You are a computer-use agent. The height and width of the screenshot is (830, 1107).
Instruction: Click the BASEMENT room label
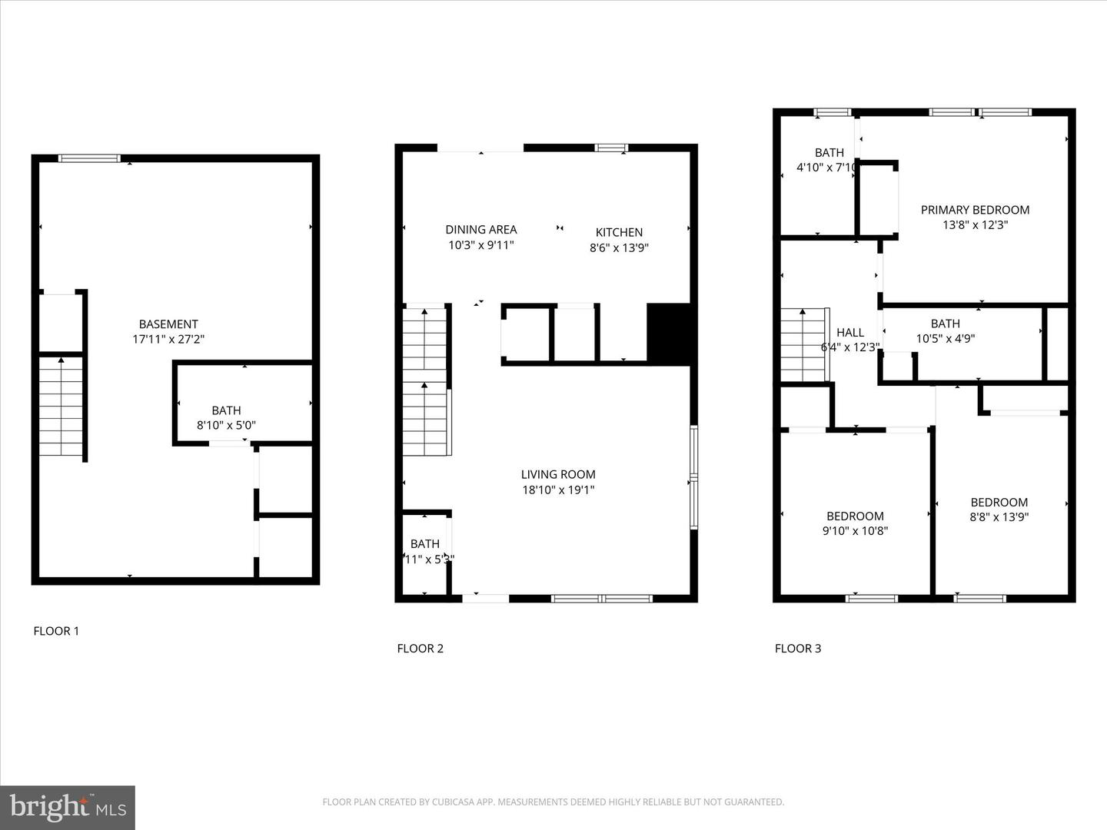[x=168, y=324]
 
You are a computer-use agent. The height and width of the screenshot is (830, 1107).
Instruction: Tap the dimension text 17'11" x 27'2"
[x=168, y=339]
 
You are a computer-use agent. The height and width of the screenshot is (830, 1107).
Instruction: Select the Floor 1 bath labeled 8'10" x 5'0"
[x=226, y=417]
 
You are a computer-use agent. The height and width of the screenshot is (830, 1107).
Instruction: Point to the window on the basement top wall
[x=89, y=158]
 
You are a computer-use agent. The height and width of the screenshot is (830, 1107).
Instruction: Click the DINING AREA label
[x=481, y=229]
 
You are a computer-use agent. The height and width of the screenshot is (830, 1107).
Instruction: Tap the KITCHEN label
[x=619, y=232]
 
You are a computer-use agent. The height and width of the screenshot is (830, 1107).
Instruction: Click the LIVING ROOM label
[x=558, y=474]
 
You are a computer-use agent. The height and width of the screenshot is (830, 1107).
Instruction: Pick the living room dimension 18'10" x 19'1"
[x=558, y=490]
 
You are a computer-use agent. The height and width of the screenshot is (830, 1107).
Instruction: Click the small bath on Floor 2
[x=425, y=552]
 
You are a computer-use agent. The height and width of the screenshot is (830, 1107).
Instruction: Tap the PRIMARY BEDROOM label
[x=975, y=210]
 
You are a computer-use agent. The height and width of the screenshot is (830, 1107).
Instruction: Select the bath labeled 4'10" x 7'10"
[x=826, y=160]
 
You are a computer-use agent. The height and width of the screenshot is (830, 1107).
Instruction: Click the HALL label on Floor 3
[x=850, y=332]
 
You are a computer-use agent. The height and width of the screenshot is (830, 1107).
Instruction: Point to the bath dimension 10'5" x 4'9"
[x=945, y=338]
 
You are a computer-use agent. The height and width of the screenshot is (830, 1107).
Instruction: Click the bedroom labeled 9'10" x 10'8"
[x=855, y=523]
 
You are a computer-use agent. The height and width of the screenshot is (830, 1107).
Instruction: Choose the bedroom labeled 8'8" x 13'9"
[x=999, y=509]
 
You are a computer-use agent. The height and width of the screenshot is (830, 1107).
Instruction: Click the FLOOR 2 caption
[x=420, y=649]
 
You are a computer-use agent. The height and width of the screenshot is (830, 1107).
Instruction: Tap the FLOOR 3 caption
[x=797, y=649]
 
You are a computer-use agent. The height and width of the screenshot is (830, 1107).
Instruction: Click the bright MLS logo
[x=68, y=807]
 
